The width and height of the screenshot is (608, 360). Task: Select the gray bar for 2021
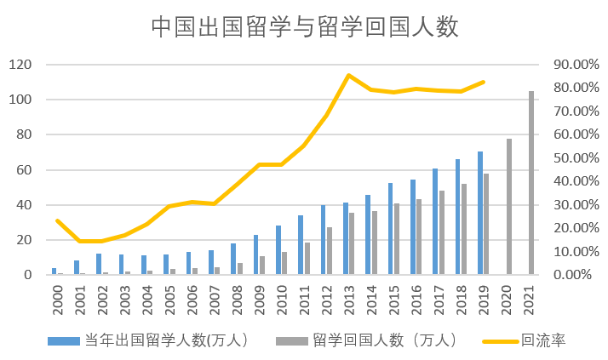tap(531, 183)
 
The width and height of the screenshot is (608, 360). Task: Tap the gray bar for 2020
tap(508, 207)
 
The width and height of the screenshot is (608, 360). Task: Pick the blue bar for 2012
tap(323, 240)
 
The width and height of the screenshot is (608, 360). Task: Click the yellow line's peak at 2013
tap(348, 75)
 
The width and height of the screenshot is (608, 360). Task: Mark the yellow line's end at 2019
tap(484, 82)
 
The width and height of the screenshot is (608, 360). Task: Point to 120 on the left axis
tap(20, 65)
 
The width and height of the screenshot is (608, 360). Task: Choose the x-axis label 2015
tap(393, 297)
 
